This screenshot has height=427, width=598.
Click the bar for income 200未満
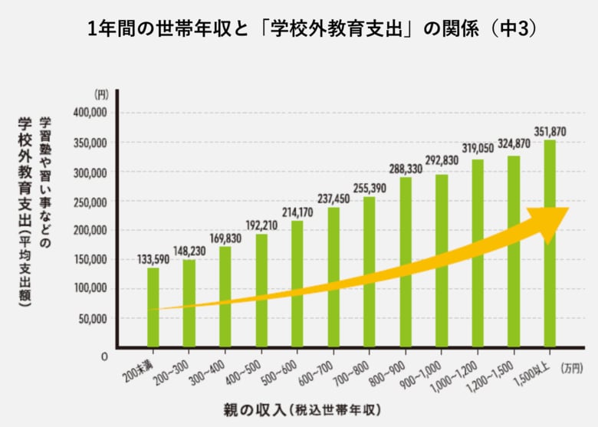point(153,307)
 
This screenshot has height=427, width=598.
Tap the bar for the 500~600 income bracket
point(297,284)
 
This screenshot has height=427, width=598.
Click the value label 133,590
point(153,258)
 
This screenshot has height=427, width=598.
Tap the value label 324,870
point(514,143)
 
